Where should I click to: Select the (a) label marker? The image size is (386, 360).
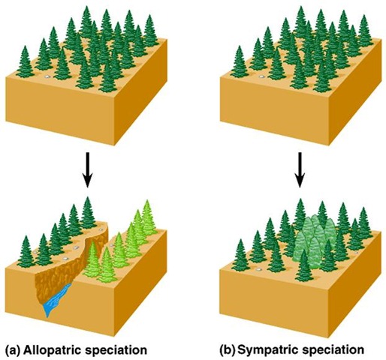(13, 350)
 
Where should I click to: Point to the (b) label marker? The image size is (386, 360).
(228, 350)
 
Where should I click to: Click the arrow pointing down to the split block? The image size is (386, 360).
(87, 169)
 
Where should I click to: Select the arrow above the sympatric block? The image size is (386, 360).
(299, 169)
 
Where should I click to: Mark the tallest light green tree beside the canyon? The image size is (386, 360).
(148, 217)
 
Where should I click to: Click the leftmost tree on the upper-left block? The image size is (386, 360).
(25, 61)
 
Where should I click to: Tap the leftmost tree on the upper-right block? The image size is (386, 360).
(240, 61)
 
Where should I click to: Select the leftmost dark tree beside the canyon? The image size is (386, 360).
(26, 252)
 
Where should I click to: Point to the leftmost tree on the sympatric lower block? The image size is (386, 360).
(240, 256)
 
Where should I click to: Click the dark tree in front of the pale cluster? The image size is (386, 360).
(304, 265)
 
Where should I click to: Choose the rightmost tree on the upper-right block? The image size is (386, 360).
(365, 31)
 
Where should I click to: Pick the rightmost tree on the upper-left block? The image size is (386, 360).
(150, 31)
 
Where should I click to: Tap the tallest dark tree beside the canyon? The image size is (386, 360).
(87, 213)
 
